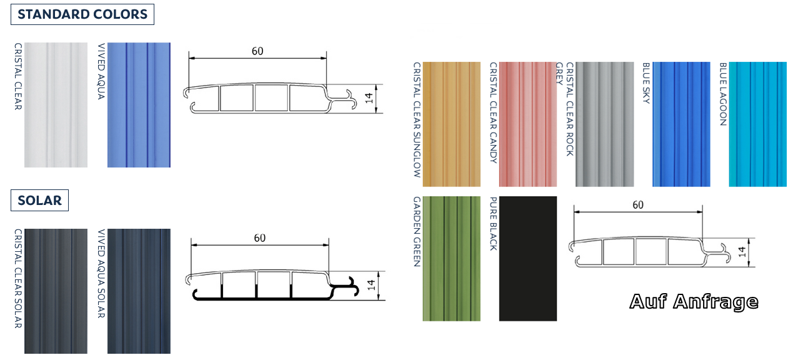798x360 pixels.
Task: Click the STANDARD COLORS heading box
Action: (82, 14)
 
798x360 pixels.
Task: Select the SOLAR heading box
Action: (39, 201)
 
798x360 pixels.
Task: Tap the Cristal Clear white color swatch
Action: (56, 105)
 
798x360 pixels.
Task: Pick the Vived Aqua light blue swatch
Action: (139, 105)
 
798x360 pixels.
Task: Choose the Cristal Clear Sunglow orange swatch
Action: (451, 124)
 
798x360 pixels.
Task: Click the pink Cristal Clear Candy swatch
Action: (527, 124)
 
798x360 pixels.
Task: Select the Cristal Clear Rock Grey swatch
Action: (604, 124)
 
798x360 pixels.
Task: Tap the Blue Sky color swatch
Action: (681, 124)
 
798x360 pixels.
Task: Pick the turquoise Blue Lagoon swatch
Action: (758, 124)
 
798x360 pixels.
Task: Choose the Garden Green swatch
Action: (451, 258)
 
